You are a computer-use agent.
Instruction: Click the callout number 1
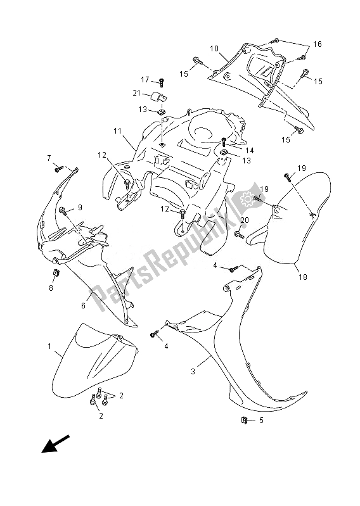49,346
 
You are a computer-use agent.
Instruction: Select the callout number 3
193,371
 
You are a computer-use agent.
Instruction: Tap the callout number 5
261,421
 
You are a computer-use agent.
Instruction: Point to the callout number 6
83,305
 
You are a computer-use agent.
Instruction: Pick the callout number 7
49,158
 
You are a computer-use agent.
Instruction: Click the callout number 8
51,288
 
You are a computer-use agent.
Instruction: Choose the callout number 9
80,207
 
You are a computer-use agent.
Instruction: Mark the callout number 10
214,49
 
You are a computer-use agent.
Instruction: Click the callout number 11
117,131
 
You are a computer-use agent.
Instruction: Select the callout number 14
250,150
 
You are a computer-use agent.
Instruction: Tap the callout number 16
318,44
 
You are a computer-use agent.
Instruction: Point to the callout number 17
145,79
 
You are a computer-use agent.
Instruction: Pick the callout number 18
303,277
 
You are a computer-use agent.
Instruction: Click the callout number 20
245,220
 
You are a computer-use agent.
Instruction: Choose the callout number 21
136,93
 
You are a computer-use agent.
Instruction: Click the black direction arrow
56,444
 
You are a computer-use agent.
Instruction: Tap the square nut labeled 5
245,420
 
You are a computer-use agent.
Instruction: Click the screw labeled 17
162,83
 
